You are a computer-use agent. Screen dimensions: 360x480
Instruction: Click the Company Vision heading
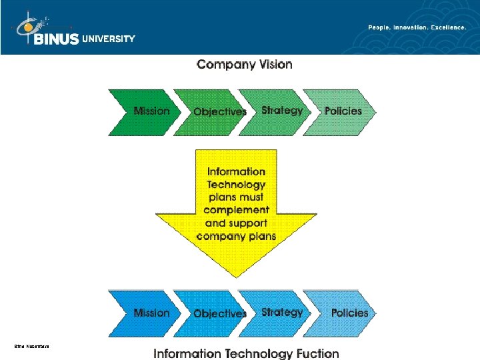tap(244, 65)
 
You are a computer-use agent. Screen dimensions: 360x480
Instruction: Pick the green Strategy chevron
tap(280, 111)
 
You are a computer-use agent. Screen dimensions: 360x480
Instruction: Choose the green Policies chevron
tap(343, 111)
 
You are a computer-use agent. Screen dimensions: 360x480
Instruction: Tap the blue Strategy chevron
tap(280, 312)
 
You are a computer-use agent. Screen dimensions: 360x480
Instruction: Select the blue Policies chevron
tap(348, 313)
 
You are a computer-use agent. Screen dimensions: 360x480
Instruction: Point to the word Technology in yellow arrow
tap(236, 185)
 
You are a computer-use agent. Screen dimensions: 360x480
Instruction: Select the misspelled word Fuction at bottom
tap(313, 354)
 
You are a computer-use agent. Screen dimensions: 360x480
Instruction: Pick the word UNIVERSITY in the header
tap(108, 39)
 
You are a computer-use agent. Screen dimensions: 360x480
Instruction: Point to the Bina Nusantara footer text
tap(31, 346)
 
